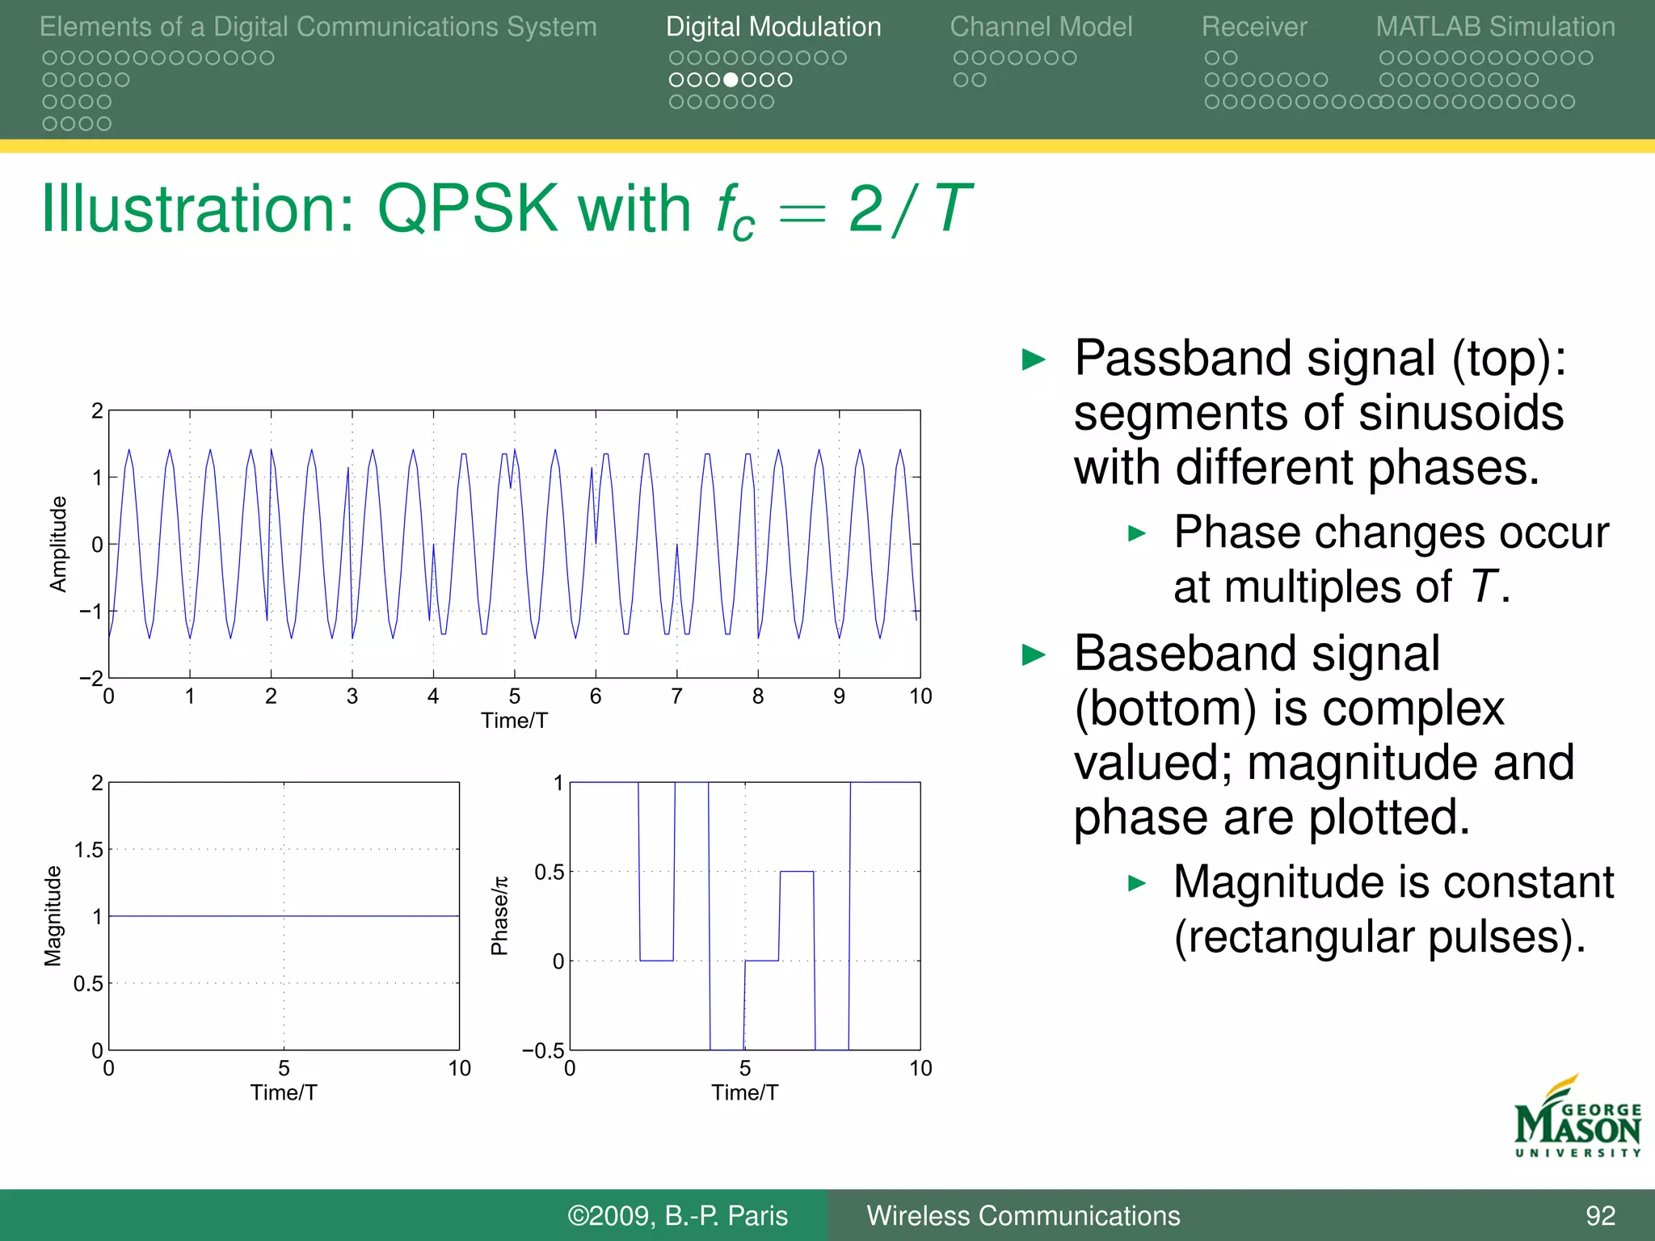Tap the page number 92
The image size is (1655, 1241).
pyautogui.click(x=1600, y=1216)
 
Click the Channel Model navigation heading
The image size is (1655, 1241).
pyautogui.click(x=1041, y=27)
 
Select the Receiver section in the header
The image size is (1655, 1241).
pyautogui.click(x=1253, y=27)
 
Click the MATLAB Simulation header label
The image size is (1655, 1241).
pyautogui.click(x=1495, y=27)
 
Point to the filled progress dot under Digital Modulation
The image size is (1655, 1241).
pyautogui.click(x=731, y=80)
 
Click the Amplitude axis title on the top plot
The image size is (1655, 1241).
pyautogui.click(x=58, y=544)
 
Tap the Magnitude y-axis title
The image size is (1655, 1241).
pyautogui.click(x=53, y=915)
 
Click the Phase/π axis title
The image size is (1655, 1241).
pyautogui.click(x=500, y=915)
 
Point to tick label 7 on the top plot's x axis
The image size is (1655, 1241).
pyautogui.click(x=676, y=696)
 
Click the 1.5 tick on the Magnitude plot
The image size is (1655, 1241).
pyautogui.click(x=88, y=850)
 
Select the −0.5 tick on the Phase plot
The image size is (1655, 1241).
pyautogui.click(x=543, y=1051)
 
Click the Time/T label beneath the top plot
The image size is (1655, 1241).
pyautogui.click(x=514, y=721)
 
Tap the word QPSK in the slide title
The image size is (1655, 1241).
pyautogui.click(x=467, y=209)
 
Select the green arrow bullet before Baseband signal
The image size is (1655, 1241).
pyautogui.click(x=1034, y=654)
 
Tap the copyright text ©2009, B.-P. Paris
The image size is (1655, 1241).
pyautogui.click(x=677, y=1216)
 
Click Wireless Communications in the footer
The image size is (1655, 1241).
pyautogui.click(x=1023, y=1216)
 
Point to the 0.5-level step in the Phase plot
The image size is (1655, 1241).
pyautogui.click(x=797, y=872)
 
